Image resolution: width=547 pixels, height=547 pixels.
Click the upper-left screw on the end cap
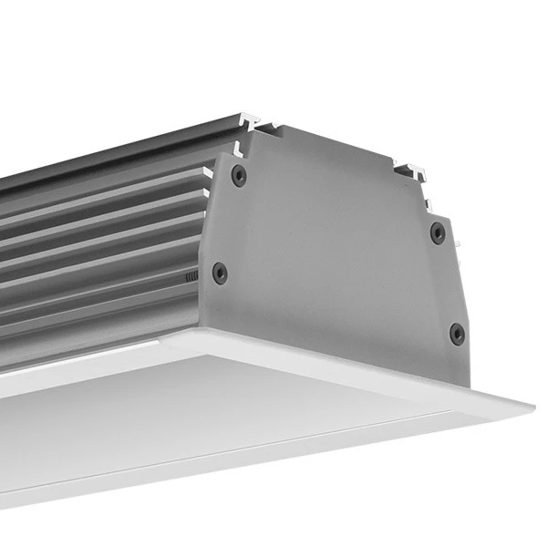(x=239, y=175)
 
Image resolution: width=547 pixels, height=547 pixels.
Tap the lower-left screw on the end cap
(x=220, y=273)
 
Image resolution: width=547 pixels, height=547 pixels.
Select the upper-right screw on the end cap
(x=438, y=232)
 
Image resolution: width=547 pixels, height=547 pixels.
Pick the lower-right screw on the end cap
(x=457, y=334)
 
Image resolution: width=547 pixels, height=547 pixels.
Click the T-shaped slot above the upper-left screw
(x=249, y=120)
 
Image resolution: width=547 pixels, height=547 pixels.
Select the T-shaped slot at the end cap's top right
(x=409, y=169)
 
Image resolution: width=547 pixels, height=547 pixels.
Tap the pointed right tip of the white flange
(x=532, y=403)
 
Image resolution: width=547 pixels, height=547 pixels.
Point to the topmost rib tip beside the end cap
(x=208, y=171)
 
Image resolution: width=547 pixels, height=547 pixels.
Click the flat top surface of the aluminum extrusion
(x=119, y=146)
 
